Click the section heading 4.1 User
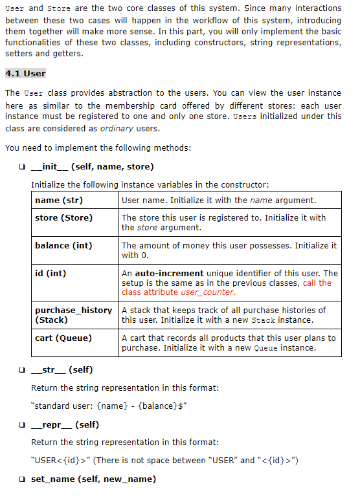(x=25, y=73)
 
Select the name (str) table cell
(x=59, y=201)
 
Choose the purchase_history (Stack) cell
(x=73, y=315)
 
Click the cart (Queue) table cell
(x=63, y=338)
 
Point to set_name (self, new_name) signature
(x=93, y=479)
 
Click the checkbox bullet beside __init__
(x=23, y=167)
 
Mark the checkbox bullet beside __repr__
(x=23, y=424)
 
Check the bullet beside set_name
(x=23, y=479)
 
